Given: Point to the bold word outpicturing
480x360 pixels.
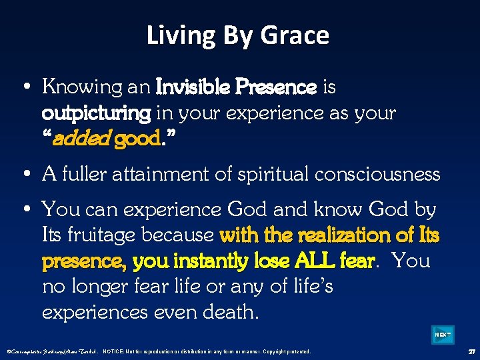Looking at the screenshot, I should (x=96, y=113).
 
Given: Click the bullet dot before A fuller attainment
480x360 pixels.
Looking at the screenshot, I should (x=25, y=175).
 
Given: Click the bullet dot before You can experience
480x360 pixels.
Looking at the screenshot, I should (x=25, y=210).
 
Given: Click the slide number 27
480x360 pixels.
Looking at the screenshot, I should (x=470, y=351).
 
